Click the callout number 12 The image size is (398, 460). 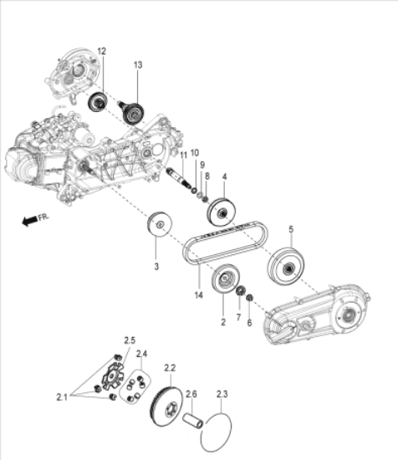101,52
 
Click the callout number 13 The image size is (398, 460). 139,64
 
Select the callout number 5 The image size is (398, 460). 291,228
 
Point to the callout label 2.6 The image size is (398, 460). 191,394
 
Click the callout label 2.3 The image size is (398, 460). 222,394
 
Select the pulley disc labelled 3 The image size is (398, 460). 157,226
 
